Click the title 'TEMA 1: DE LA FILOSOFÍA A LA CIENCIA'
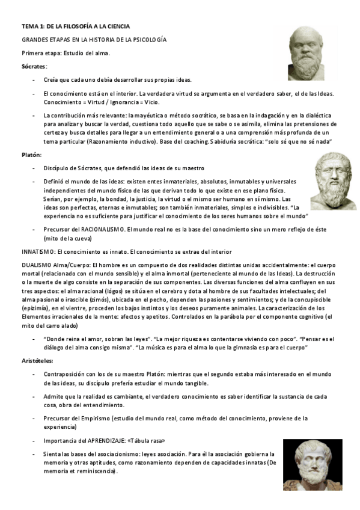click(75, 26)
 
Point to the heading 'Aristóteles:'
click(37, 360)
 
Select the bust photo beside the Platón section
click(333, 181)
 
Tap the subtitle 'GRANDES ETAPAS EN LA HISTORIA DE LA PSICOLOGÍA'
click(94, 40)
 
